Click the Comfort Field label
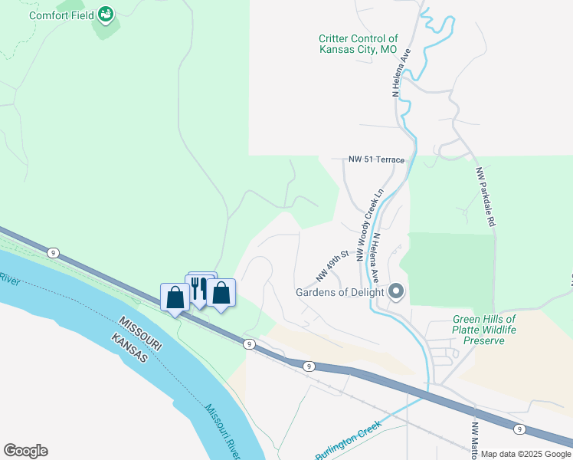[61, 15]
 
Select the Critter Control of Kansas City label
[359, 44]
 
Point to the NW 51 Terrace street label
[375, 159]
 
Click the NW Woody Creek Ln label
[368, 225]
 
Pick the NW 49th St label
[333, 264]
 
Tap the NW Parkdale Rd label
[484, 196]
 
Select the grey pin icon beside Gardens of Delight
[396, 291]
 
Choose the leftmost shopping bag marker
[175, 297]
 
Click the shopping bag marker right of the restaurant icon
[221, 293]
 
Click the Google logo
[25, 451]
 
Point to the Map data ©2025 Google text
[526, 454]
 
